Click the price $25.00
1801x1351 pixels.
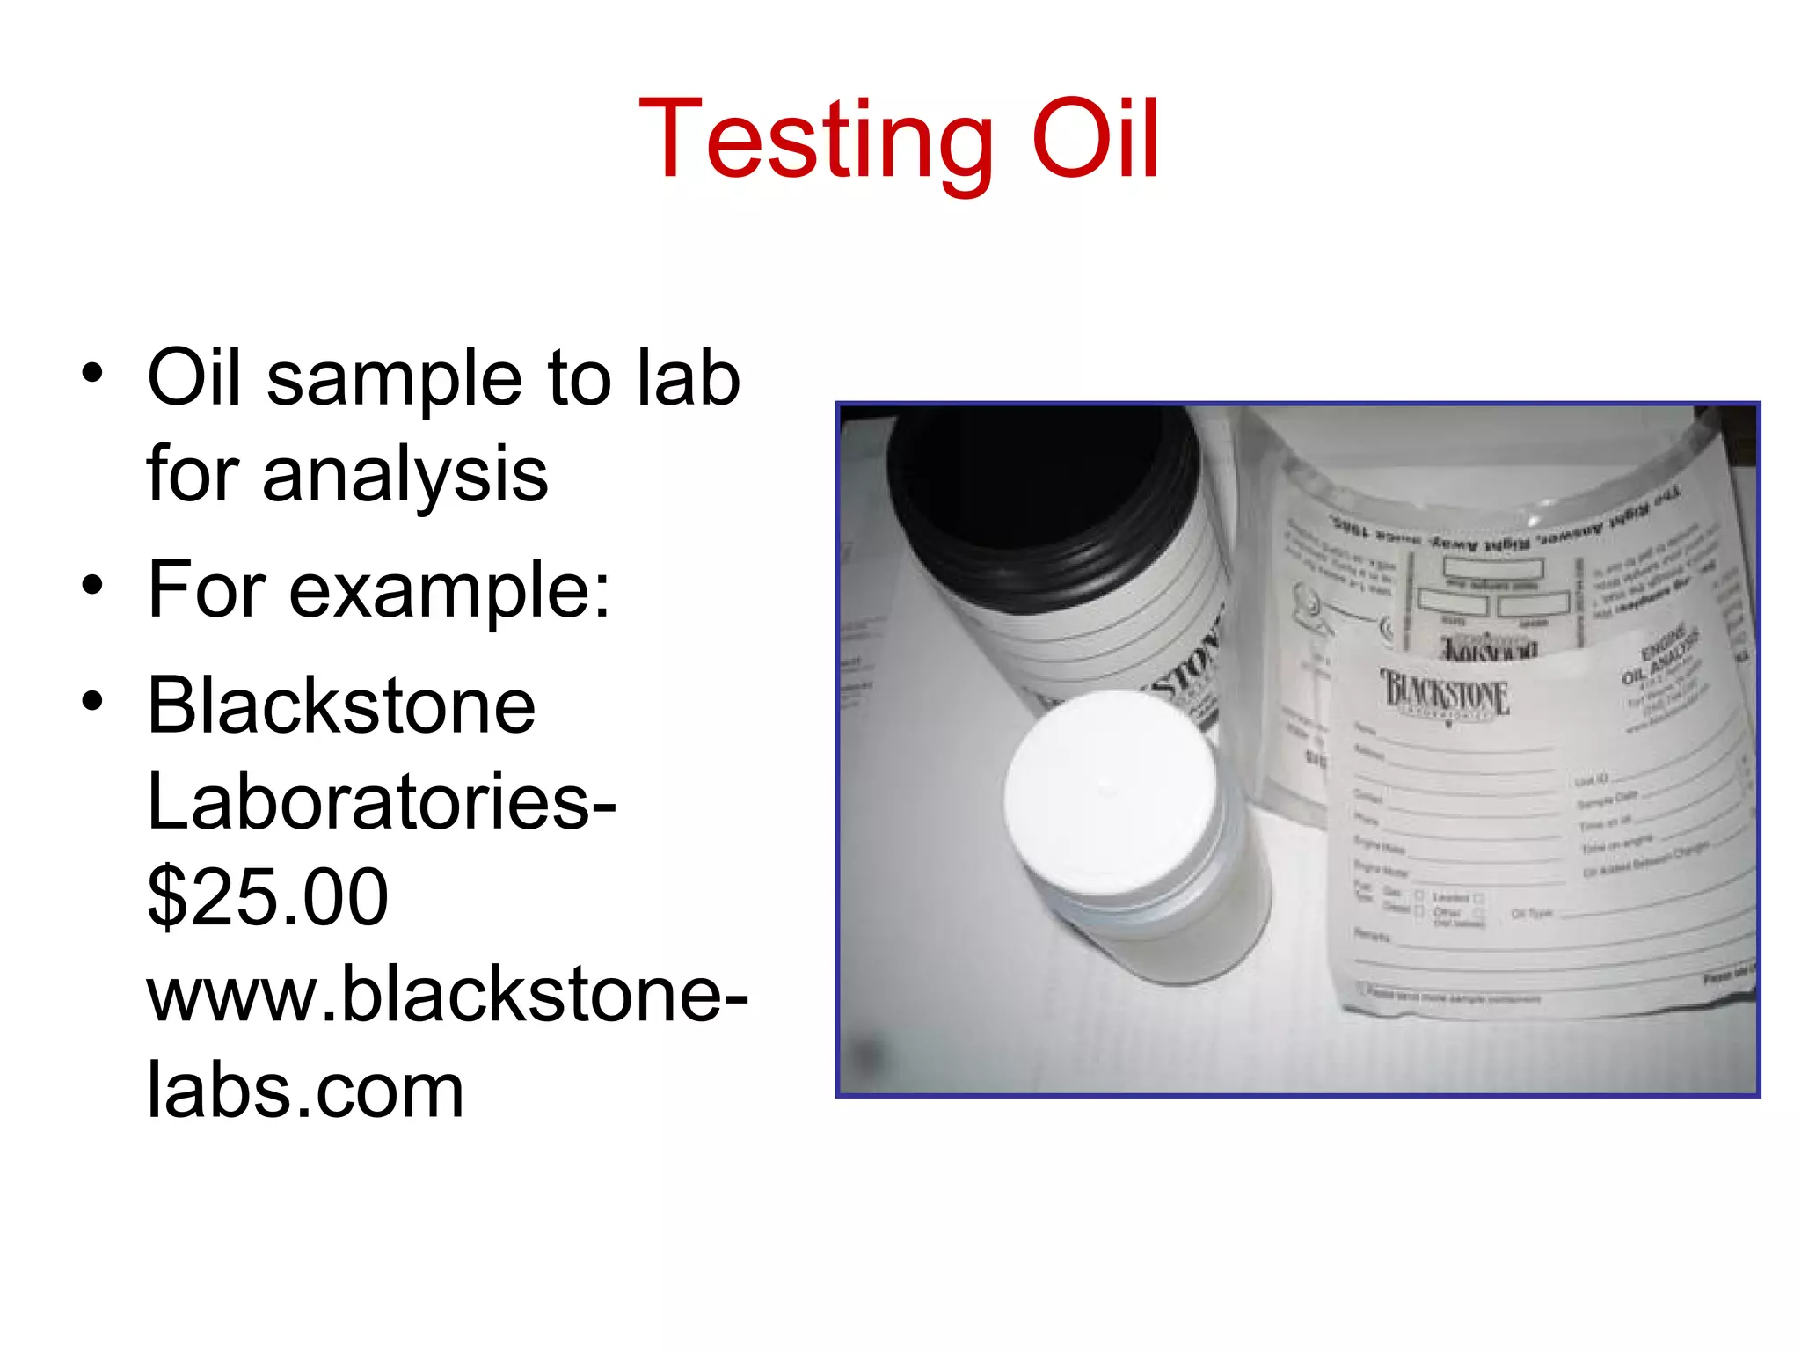267,897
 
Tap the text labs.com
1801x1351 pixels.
304,1091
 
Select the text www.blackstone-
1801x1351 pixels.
447,994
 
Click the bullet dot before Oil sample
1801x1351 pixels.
92,374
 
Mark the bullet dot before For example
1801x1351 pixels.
92,586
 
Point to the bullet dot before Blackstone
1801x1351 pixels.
92,702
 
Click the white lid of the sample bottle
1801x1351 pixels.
1110,792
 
